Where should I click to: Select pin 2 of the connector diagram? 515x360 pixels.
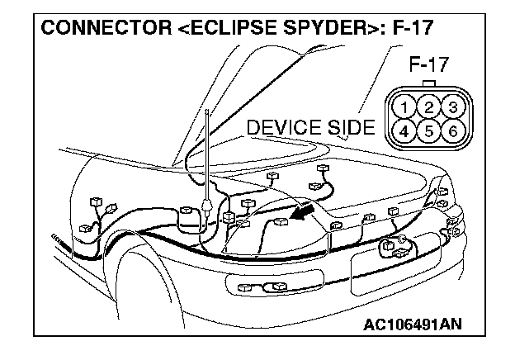click(428, 107)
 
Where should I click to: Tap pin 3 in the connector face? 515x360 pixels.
click(450, 107)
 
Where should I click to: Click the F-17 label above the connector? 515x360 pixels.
click(428, 64)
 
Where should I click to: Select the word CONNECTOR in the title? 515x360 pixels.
click(100, 28)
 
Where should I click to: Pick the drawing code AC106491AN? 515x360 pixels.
click(412, 324)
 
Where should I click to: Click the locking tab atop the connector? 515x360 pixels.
click(428, 83)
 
